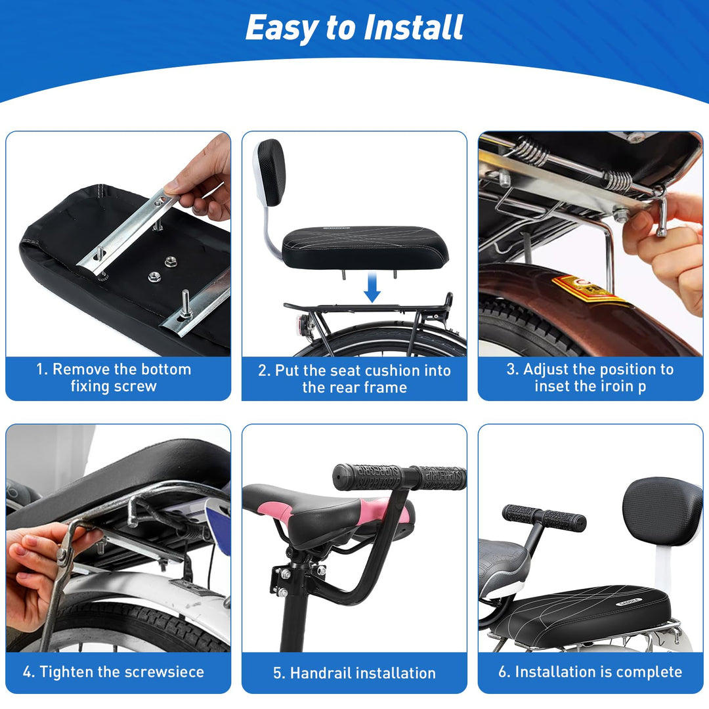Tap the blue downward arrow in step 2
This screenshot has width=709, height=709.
click(x=372, y=287)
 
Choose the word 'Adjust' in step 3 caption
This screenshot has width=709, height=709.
click(x=546, y=370)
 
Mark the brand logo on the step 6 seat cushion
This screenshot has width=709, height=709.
click(x=628, y=601)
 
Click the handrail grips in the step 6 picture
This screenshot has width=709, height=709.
click(x=544, y=518)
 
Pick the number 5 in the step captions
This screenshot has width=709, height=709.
click(x=277, y=674)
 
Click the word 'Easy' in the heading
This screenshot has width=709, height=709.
click(x=282, y=28)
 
